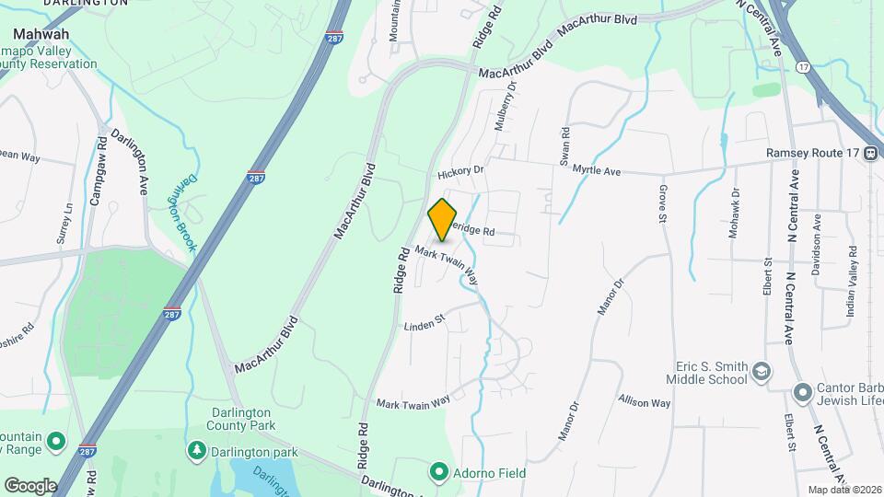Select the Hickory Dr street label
460,170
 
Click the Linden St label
425,321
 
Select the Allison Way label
645,402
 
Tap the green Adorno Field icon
439,473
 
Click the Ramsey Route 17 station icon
870,154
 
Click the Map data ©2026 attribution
843,490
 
